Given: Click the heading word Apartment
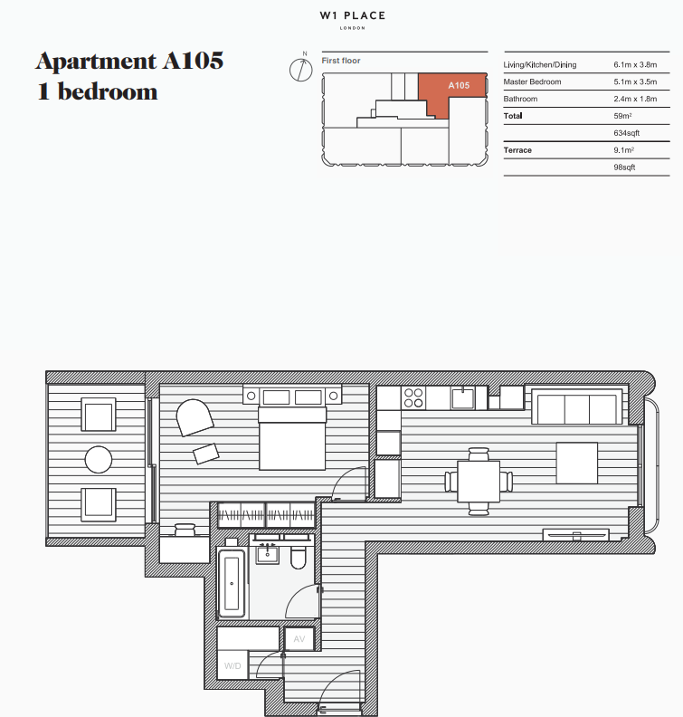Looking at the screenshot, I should coord(95,62).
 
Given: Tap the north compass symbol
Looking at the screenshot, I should coord(300,69).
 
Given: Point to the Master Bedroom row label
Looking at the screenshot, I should coord(532,82).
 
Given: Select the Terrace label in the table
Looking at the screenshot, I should coord(517,150).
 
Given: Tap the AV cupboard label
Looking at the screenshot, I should coord(299,638).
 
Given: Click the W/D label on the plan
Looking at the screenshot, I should coord(232,666).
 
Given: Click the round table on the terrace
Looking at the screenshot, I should coord(99,458).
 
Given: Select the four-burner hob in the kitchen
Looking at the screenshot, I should coord(413,398).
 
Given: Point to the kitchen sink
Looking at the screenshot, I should coord(464,398).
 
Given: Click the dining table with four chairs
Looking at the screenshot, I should coord(479,481).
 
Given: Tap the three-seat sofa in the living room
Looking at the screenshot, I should coord(576,406).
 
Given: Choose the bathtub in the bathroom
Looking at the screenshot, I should coord(232,584).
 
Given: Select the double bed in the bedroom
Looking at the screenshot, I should coord(292,438).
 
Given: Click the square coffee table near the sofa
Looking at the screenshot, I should coord(576,462).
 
